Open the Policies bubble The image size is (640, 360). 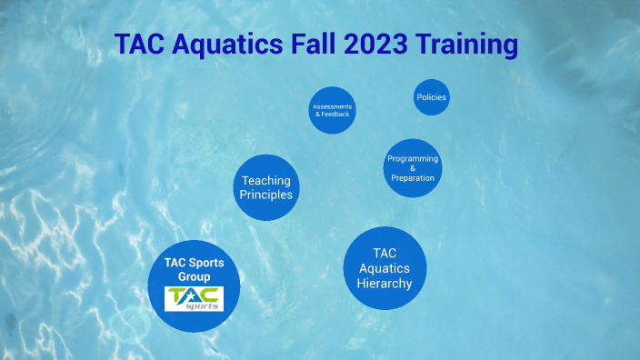tap(432, 97)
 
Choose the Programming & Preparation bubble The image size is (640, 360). tap(413, 168)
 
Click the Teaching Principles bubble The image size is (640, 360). tap(266, 188)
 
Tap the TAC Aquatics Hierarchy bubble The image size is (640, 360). tap(385, 268)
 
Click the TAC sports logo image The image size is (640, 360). tap(194, 298)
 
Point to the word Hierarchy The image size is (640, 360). tap(385, 284)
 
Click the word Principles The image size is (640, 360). tap(266, 195)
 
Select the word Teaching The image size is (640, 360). tap(266, 181)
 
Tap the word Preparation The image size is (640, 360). tap(413, 178)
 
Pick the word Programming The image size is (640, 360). tap(413, 158)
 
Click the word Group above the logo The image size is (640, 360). tap(194, 276)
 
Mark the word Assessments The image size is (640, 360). tap(332, 106)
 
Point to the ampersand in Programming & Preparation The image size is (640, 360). tap(413, 168)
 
